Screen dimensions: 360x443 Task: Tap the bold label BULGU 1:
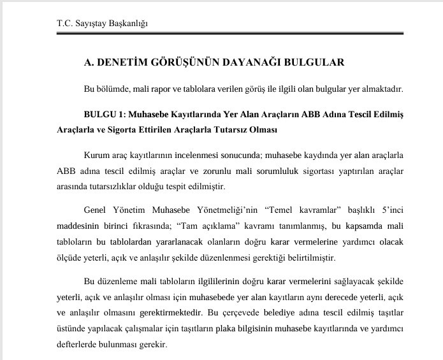(x=103, y=115)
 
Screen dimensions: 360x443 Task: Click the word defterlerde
(x=76, y=345)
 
